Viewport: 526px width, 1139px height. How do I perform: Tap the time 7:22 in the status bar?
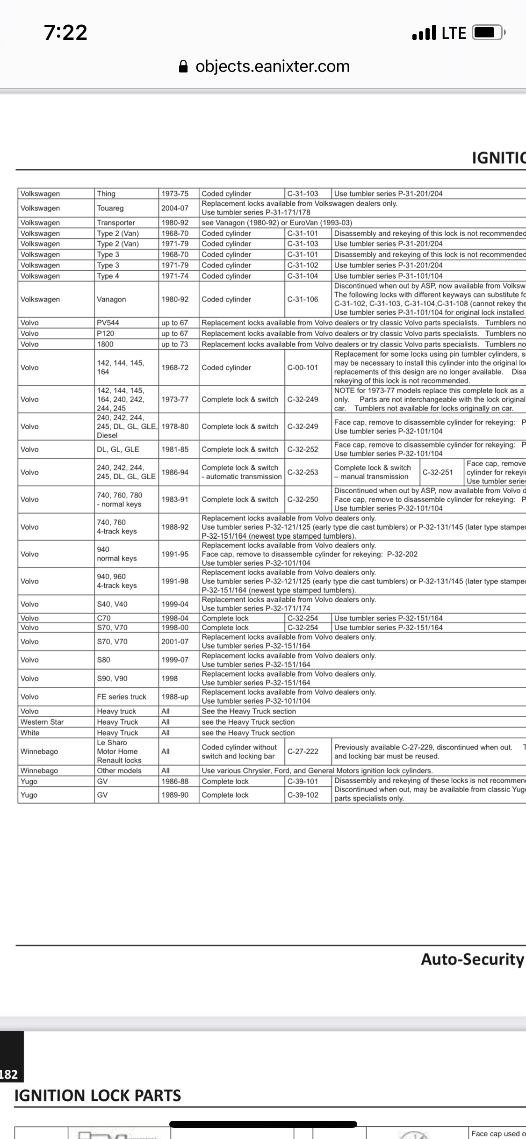[x=66, y=33]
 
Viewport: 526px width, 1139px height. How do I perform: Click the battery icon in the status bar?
[x=488, y=33]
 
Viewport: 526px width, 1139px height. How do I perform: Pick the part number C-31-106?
[x=303, y=299]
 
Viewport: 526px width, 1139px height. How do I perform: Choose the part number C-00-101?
[x=303, y=368]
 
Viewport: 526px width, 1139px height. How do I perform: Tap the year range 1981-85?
[x=175, y=449]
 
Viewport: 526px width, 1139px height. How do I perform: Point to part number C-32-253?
[x=303, y=472]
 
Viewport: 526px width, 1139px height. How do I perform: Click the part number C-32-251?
[x=438, y=472]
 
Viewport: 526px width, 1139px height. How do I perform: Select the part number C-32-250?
[x=303, y=499]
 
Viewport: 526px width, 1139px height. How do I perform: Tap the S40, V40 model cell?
[x=112, y=604]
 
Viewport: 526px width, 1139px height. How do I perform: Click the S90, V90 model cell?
[x=112, y=678]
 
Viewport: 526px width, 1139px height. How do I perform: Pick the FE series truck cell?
[x=122, y=697]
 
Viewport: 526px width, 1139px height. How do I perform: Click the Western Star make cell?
[x=42, y=722]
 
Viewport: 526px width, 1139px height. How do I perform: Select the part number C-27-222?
[x=303, y=751]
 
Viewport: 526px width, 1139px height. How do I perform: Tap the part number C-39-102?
[x=303, y=795]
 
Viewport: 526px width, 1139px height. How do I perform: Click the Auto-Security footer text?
[x=472, y=959]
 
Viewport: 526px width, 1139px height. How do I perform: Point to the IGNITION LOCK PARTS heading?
[x=98, y=1096]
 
